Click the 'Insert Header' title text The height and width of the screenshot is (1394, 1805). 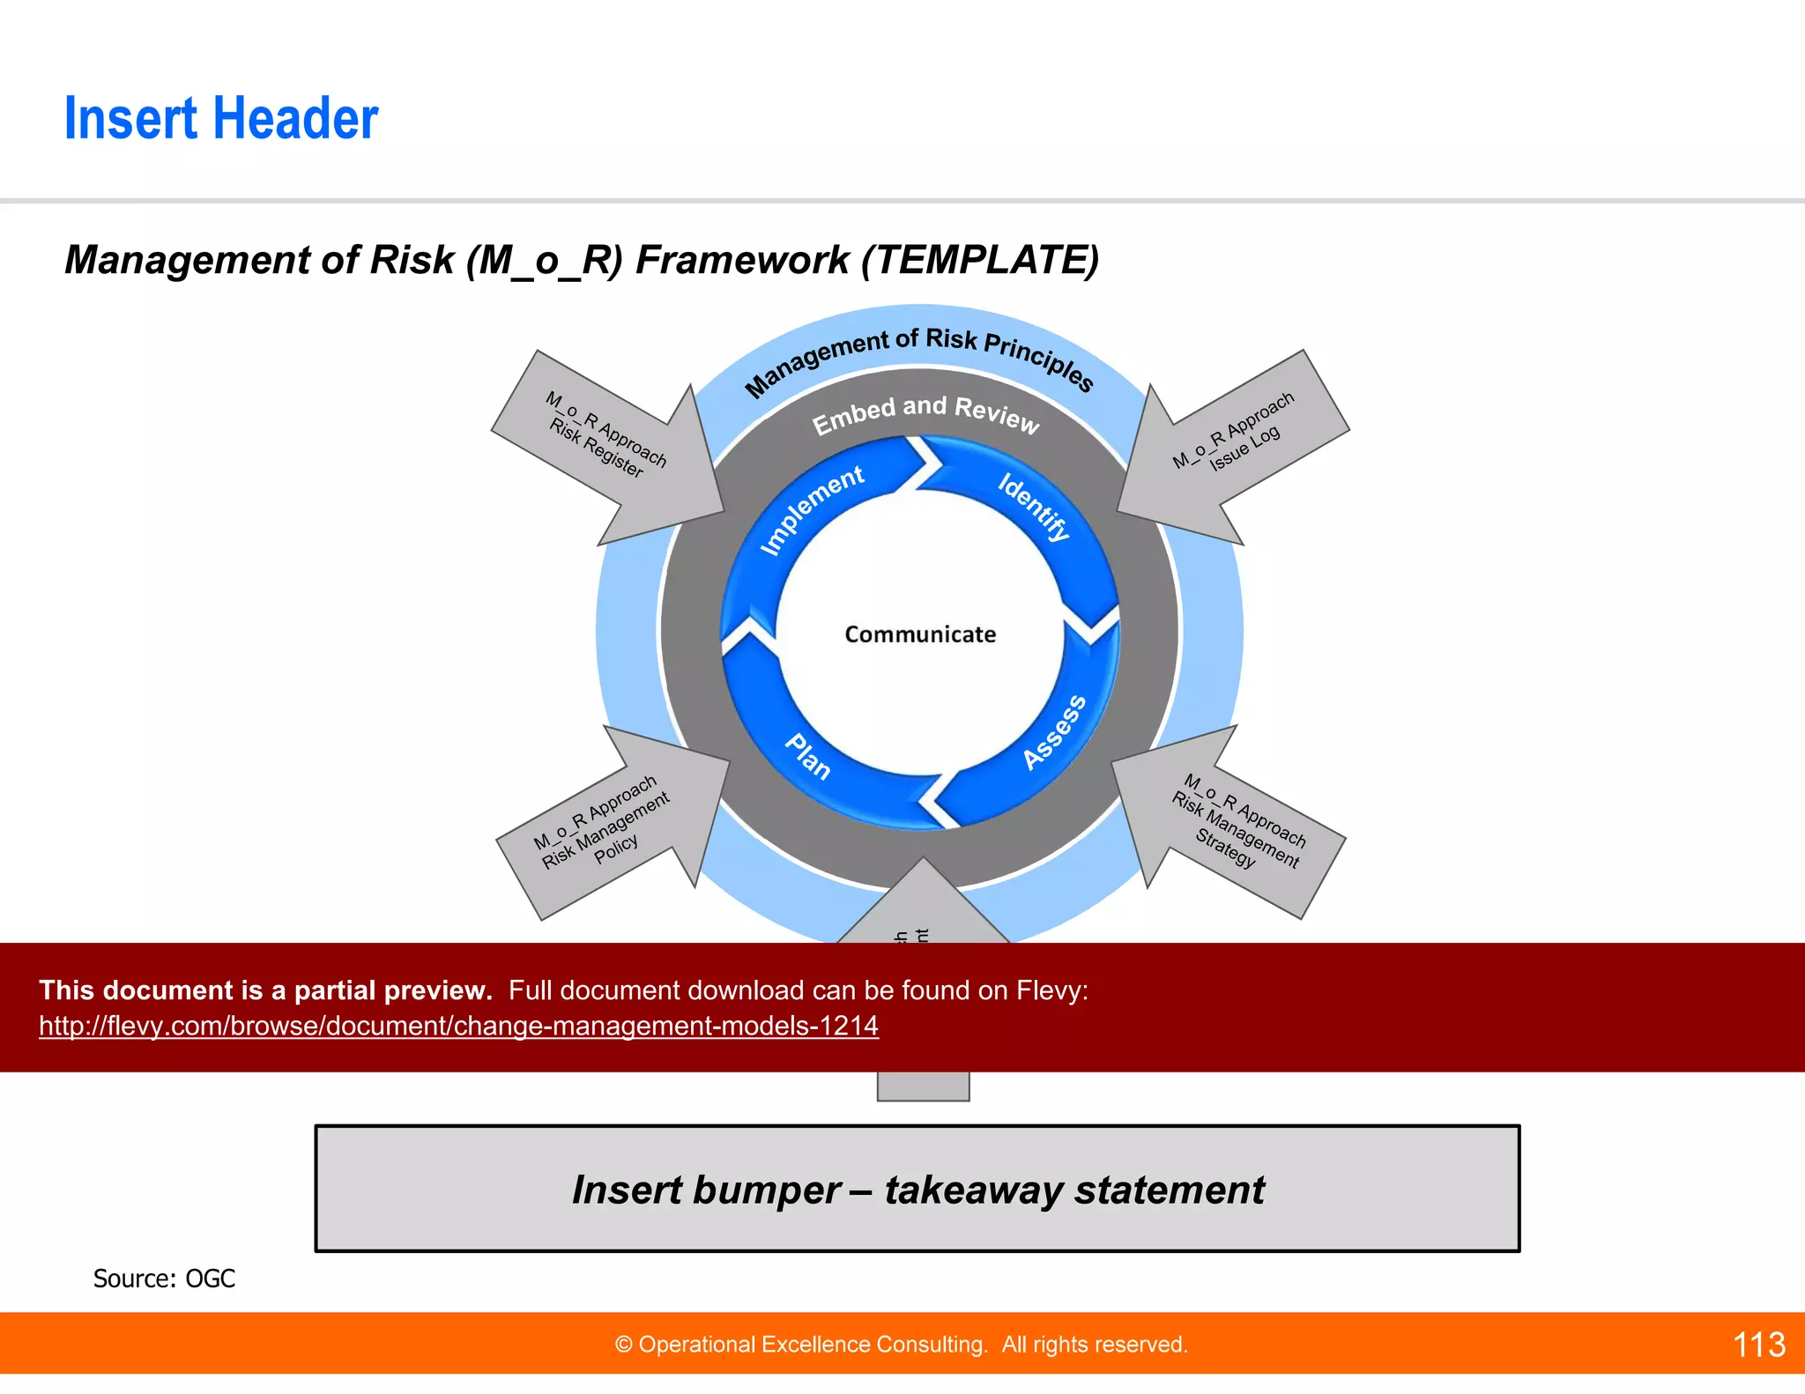coord(220,119)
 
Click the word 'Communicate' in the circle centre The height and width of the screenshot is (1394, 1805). coord(919,634)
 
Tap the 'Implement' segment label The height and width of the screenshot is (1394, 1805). coord(811,509)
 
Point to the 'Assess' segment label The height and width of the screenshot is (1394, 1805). coord(1054,732)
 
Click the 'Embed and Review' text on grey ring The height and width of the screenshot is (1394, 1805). coord(925,413)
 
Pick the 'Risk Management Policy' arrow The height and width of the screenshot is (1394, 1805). coord(608,824)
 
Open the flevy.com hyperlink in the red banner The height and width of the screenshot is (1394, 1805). coord(458,1026)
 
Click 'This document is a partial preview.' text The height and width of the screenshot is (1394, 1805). coord(265,990)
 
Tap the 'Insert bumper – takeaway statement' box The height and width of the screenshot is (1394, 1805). coord(917,1189)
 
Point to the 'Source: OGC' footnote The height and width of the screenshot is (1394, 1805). coord(164,1279)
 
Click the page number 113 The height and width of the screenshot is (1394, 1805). coord(1758,1345)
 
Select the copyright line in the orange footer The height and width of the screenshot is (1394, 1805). coord(901,1345)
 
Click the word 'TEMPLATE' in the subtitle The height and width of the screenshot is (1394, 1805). coord(979,260)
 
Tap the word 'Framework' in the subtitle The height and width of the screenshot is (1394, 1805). coord(742,260)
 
